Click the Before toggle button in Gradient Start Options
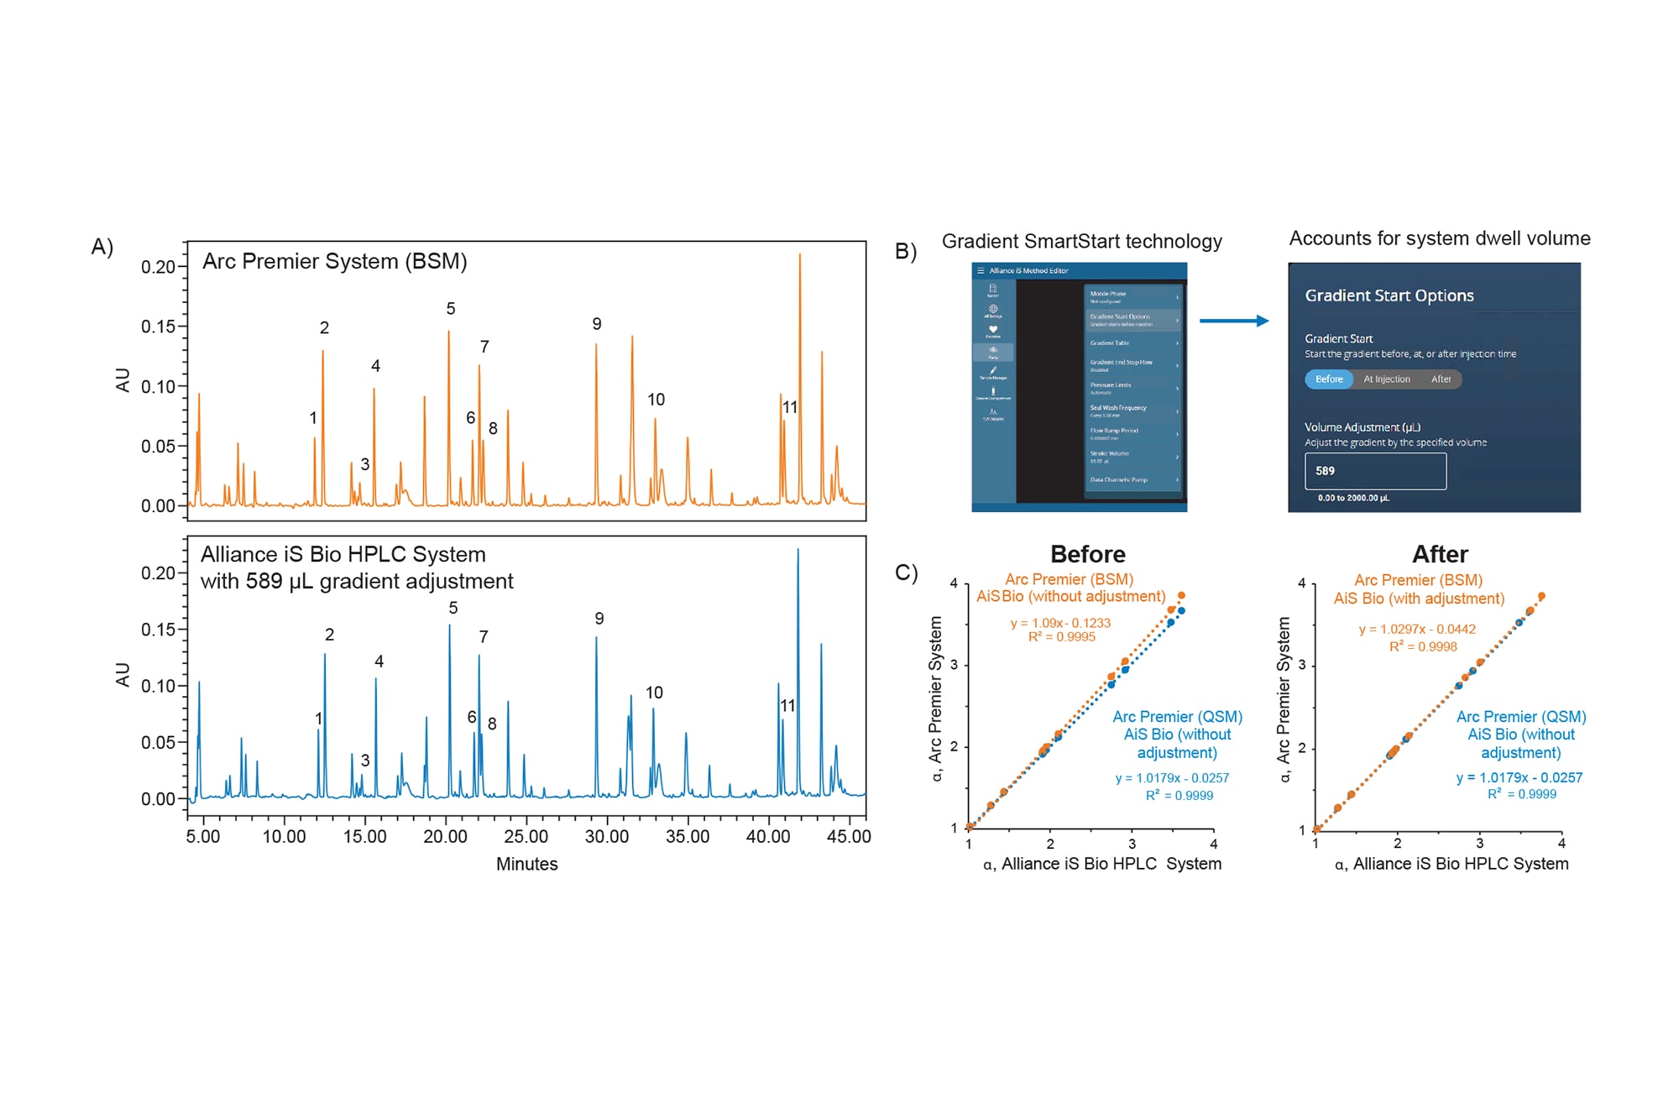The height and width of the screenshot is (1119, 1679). [x=1328, y=379]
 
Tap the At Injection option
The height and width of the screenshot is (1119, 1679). [x=1386, y=379]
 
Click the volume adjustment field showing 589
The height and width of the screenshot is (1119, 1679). [x=1374, y=471]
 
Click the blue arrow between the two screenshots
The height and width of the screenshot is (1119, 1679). [x=1233, y=321]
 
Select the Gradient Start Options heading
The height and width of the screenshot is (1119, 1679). [x=1389, y=295]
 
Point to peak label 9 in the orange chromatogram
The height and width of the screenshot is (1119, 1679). [x=597, y=324]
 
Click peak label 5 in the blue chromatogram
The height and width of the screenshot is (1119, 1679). [x=453, y=608]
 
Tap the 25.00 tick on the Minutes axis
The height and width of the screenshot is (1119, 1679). [x=526, y=837]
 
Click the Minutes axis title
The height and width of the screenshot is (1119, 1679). [x=526, y=864]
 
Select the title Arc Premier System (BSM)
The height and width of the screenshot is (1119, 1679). [x=334, y=261]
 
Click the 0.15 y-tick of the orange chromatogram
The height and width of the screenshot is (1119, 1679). [x=158, y=327]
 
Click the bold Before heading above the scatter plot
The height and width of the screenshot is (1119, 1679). [x=1087, y=554]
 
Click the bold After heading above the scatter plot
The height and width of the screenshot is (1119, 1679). [x=1440, y=554]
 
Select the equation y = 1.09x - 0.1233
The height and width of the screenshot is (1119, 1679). [x=1060, y=623]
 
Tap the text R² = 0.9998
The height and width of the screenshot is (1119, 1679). [x=1423, y=646]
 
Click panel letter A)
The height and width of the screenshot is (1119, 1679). [x=102, y=247]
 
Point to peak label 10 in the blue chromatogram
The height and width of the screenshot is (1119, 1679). [x=654, y=693]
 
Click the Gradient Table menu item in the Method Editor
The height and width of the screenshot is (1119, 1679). [x=1110, y=343]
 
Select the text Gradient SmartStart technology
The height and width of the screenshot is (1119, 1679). [x=1081, y=242]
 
